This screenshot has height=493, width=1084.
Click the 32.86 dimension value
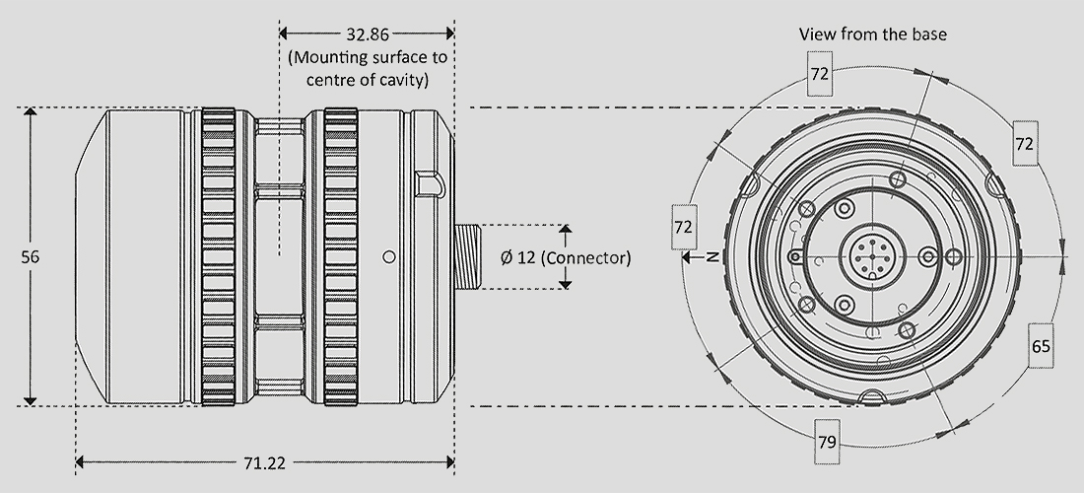[x=368, y=34]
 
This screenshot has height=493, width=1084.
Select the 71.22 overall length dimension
[x=264, y=463]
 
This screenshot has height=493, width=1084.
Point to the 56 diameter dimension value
[x=31, y=257]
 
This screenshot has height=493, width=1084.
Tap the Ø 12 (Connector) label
[x=566, y=258]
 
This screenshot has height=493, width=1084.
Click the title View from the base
[x=872, y=34]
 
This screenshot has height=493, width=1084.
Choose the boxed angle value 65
[x=1041, y=345]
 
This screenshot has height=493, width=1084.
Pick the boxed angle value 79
[x=828, y=441]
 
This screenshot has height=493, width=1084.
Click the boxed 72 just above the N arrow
[x=683, y=227]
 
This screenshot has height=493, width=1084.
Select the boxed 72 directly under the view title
[x=820, y=73]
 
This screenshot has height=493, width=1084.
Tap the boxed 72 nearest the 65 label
[x=1025, y=143]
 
